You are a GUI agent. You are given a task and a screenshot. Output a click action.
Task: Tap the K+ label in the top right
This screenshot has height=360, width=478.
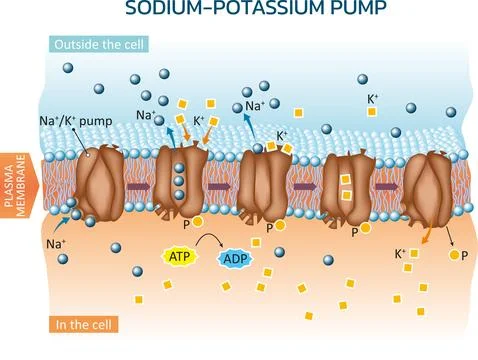click(374, 98)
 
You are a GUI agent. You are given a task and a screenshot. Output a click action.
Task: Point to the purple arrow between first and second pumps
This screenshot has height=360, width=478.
click(138, 187)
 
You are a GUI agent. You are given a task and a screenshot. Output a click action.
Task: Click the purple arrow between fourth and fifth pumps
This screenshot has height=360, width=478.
click(388, 187)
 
